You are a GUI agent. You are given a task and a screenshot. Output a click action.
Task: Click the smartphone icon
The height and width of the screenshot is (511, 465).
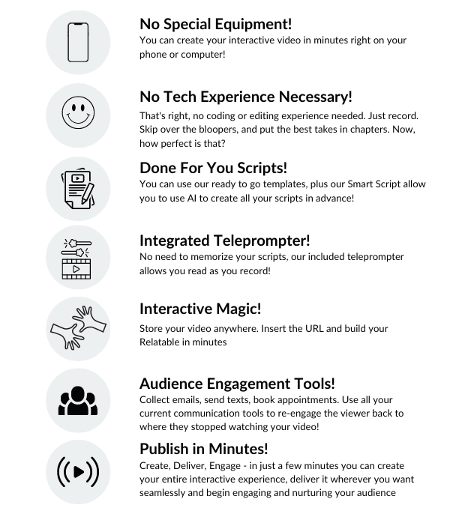78,42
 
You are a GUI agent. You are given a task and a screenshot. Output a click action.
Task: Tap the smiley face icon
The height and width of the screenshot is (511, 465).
78,115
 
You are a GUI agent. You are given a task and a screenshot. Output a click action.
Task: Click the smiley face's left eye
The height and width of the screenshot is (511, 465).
73,110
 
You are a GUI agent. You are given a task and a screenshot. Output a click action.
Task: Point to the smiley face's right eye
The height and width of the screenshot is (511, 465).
83,110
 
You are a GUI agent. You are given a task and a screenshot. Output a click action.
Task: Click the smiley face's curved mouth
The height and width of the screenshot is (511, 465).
78,122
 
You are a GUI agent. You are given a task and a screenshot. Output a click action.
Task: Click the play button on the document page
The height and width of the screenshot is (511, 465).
77,178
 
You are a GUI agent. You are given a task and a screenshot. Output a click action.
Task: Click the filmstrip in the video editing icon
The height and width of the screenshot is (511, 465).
76,269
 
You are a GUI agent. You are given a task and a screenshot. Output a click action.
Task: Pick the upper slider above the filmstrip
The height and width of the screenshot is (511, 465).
76,243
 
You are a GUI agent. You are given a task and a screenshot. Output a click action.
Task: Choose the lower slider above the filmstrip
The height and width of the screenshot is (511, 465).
76,253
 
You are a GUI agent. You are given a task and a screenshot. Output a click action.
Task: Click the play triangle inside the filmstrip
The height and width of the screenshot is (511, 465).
76,269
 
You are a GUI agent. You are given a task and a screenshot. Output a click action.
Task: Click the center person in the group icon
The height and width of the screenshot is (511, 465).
78,399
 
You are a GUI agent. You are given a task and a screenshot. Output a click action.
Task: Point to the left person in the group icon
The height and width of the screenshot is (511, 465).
64,405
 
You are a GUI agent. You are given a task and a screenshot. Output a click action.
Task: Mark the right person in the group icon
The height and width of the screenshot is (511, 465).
92,405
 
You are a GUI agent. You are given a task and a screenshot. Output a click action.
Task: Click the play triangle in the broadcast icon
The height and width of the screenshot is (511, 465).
78,472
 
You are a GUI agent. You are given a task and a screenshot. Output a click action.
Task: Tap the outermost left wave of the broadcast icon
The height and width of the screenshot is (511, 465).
59,472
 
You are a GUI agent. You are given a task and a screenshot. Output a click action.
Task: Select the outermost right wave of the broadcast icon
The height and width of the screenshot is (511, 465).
97,472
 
